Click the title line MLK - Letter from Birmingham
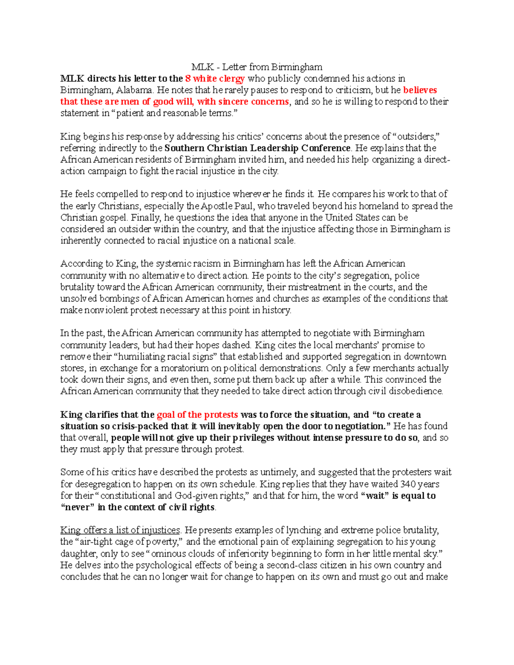click(257, 67)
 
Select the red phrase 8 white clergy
click(215, 78)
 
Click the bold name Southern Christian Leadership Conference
click(257, 148)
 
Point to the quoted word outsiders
click(417, 137)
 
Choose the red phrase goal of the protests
click(197, 415)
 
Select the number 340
click(408, 484)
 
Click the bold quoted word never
click(78, 507)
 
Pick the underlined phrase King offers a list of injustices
click(120, 531)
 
